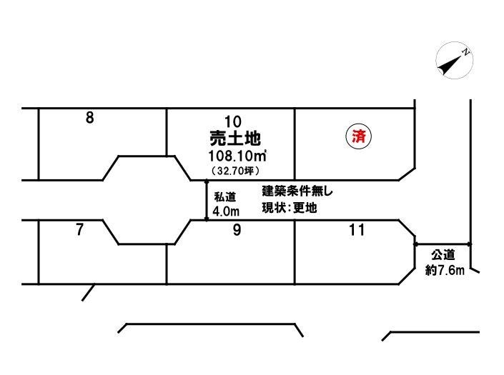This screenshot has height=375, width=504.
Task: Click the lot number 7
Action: point(80,230)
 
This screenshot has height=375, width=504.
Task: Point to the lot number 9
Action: point(237,230)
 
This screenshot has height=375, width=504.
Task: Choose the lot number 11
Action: point(357,230)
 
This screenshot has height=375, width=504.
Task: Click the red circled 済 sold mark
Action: point(359,136)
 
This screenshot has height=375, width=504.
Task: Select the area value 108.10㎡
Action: point(236,156)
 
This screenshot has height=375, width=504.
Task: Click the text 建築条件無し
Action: point(297,191)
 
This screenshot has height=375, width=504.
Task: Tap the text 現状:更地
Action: point(289,209)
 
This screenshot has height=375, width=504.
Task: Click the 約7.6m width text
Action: point(444,270)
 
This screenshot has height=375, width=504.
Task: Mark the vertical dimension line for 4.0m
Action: point(207,200)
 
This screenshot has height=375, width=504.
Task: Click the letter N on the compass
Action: point(465,51)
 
